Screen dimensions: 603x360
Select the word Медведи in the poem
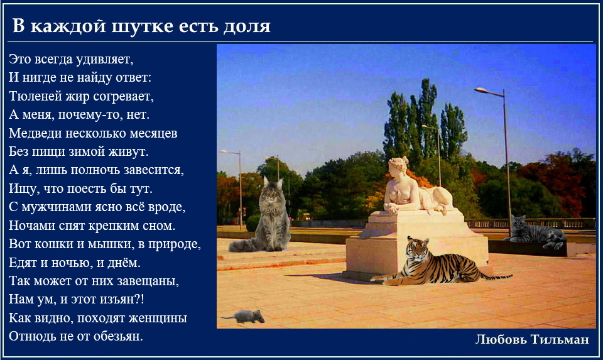click(35, 133)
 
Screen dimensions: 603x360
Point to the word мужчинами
click(50, 207)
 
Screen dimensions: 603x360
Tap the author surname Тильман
click(560, 339)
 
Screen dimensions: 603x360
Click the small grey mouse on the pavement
click(246, 317)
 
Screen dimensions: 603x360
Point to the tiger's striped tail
click(496, 276)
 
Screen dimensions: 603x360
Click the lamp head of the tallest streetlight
click(481, 90)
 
